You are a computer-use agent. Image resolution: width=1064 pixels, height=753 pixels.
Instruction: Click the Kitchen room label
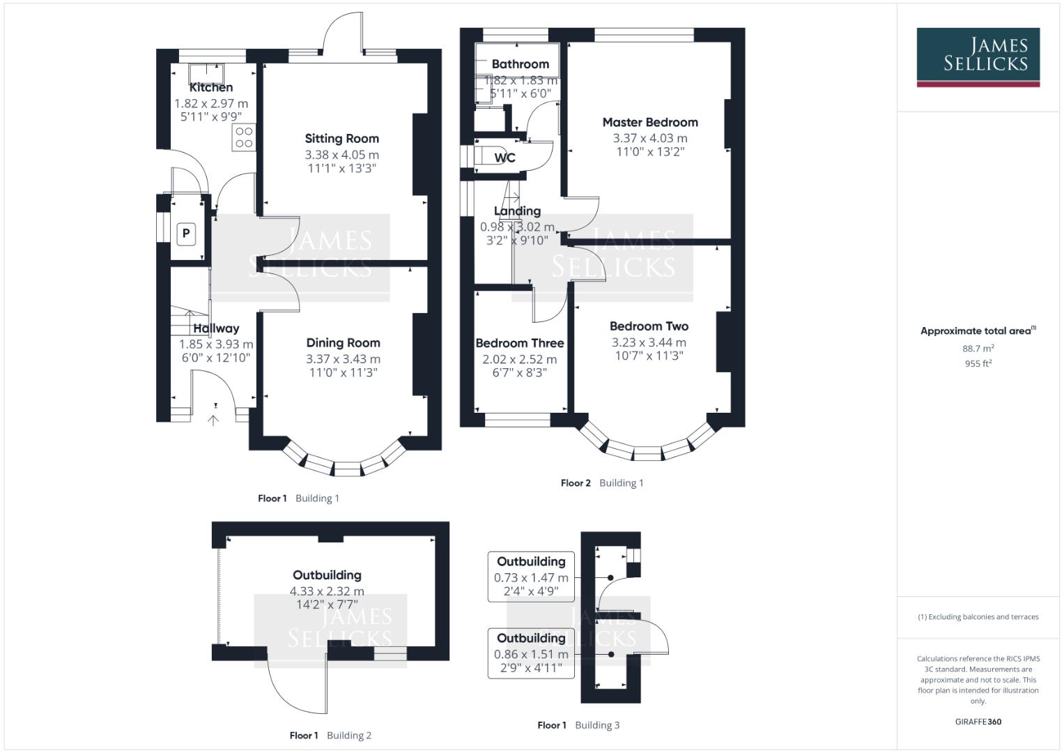click(211, 88)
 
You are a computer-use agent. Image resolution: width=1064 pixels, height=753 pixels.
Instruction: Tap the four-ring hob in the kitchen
click(244, 137)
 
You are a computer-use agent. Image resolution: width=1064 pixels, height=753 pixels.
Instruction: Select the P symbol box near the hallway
click(186, 234)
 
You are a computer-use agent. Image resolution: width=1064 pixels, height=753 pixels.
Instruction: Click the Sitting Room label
click(341, 139)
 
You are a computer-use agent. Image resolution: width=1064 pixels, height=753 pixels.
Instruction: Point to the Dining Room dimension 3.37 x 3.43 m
click(343, 359)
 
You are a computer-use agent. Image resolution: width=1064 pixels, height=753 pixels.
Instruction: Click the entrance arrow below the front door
click(214, 420)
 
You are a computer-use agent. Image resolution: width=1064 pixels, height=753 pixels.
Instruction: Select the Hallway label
click(216, 328)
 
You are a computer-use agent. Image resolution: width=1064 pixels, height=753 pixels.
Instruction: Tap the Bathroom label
click(520, 64)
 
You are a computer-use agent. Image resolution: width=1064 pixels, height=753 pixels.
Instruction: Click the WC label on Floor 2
click(504, 158)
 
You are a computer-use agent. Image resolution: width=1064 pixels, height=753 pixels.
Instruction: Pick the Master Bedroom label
click(650, 122)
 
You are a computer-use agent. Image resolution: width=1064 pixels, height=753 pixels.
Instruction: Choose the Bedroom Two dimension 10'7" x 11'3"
click(649, 356)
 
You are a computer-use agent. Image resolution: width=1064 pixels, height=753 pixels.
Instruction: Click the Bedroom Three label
click(520, 343)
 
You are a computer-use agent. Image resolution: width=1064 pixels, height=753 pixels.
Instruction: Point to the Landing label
click(517, 211)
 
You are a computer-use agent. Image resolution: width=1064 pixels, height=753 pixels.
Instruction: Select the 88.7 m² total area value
click(978, 348)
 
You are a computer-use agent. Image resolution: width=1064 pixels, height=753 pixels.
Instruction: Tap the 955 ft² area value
click(978, 363)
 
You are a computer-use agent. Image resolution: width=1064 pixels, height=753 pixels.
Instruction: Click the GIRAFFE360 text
click(978, 722)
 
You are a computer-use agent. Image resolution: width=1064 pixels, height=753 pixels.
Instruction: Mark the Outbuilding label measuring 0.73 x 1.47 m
click(531, 562)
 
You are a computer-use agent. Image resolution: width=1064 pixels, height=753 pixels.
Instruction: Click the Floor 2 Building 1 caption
click(602, 483)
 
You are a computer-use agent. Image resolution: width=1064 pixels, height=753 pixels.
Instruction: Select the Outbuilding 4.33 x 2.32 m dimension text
click(327, 591)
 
